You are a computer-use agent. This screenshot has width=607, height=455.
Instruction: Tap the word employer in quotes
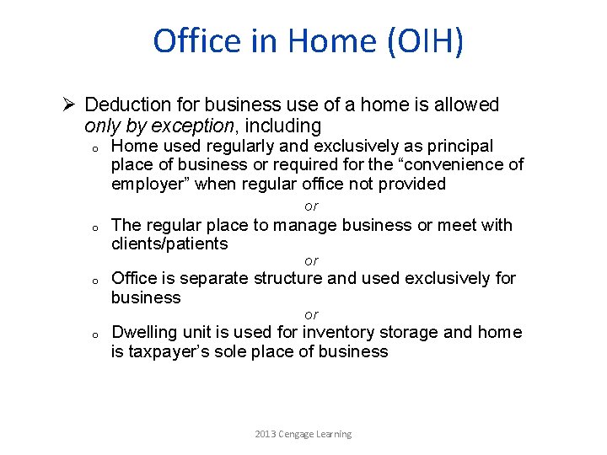coord(151,184)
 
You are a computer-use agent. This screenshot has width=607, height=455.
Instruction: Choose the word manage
coord(301,225)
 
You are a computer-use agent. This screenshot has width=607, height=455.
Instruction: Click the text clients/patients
coord(169,244)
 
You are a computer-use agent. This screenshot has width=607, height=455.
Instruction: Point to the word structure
coord(287,279)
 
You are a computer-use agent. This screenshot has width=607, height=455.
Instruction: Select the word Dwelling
coord(143,332)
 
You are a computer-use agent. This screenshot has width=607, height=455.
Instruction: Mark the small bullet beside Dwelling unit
coord(97,335)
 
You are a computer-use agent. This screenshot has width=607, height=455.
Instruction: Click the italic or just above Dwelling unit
coord(311,314)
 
